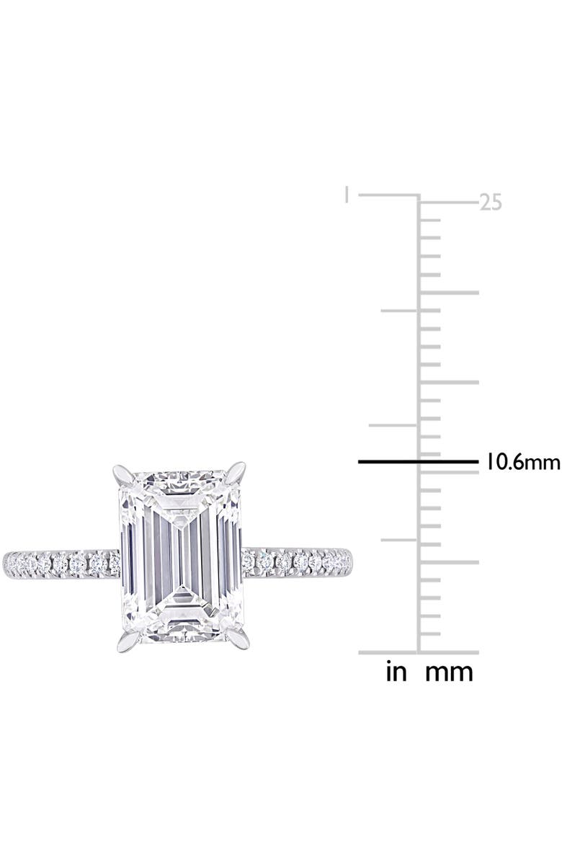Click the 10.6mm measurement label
pyautogui.click(x=519, y=462)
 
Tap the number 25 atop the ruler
pyautogui.click(x=491, y=203)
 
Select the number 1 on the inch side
pyautogui.click(x=347, y=195)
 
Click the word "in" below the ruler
pyautogui.click(x=397, y=672)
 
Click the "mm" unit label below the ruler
pyautogui.click(x=449, y=672)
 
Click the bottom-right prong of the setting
pyautogui.click(x=238, y=639)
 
